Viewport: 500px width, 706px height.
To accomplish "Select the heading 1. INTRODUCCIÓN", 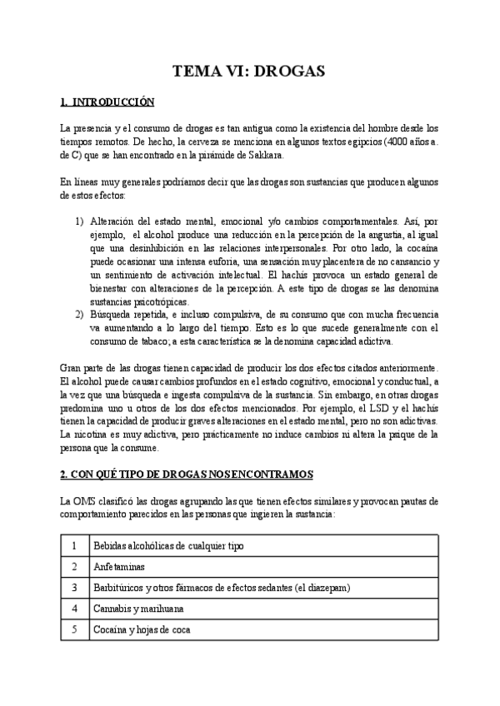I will coord(107,103).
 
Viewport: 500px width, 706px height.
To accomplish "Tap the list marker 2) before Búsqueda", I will coord(79,316).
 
